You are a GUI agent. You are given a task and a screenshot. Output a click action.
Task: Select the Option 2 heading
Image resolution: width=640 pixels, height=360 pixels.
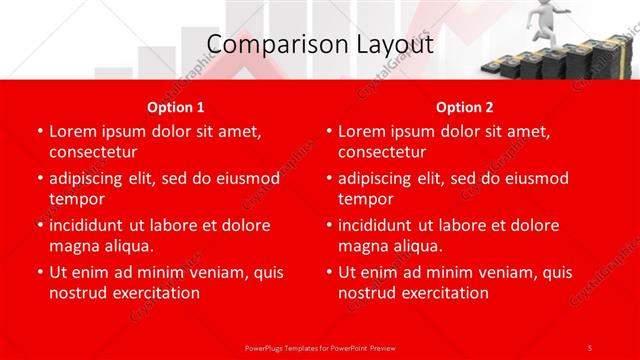[464, 107]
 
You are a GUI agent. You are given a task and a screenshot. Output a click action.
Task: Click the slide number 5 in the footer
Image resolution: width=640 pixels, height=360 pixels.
[590, 347]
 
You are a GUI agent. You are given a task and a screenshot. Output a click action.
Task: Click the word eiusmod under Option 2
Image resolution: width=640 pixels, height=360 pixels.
[532, 178]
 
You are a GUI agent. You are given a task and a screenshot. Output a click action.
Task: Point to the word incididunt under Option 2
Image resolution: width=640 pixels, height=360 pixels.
[381, 225]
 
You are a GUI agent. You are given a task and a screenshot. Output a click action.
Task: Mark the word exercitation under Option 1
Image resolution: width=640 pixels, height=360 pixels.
[155, 293]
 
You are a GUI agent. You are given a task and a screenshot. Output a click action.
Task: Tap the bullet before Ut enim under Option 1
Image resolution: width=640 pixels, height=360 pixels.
[39, 272]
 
